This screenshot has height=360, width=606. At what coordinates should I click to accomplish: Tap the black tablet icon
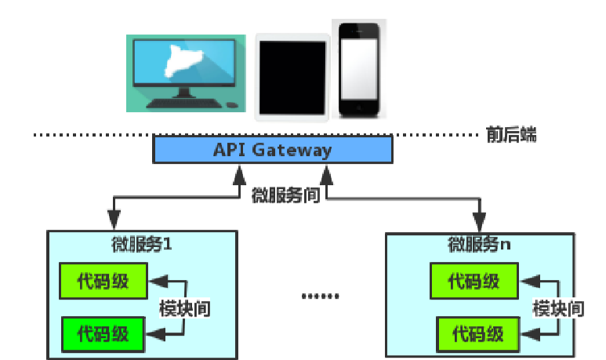292,77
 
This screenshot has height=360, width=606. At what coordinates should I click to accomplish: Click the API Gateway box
272,150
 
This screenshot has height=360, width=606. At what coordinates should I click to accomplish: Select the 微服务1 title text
142,244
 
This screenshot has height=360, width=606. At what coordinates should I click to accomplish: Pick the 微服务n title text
478,244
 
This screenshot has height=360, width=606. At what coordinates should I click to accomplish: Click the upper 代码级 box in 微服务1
103,280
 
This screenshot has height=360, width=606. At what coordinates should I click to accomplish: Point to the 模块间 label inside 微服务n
557,307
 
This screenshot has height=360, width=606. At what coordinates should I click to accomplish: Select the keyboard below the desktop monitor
181,104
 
